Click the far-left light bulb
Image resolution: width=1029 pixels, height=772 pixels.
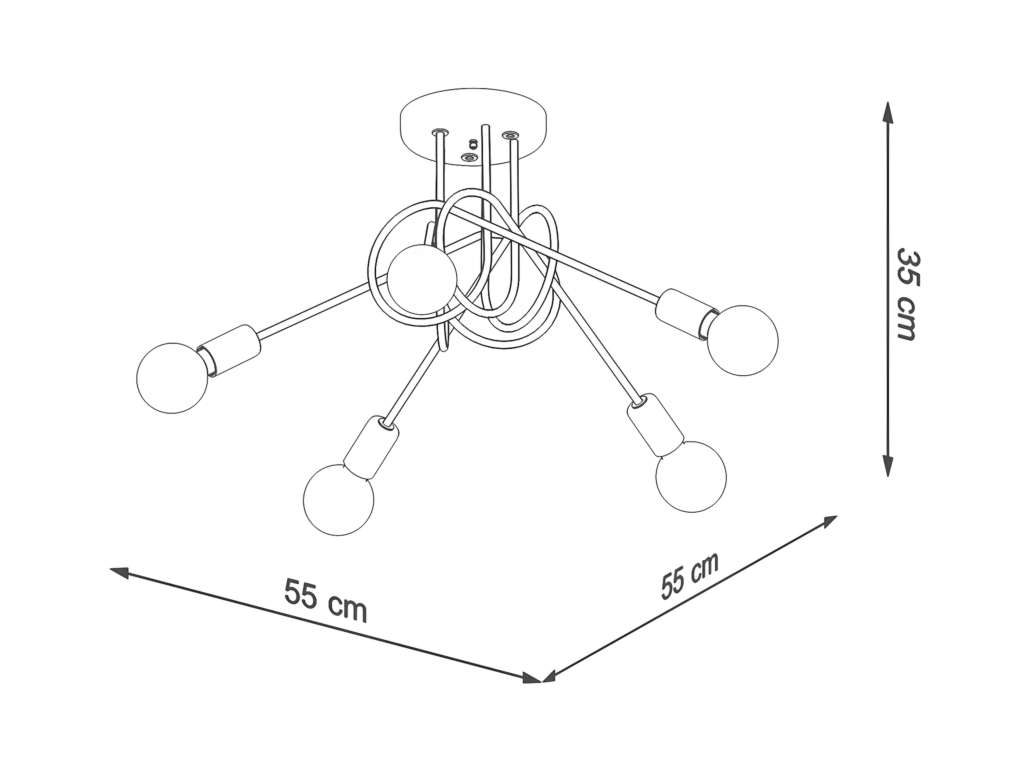tap(172, 378)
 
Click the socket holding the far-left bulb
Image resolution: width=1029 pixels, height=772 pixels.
tap(230, 351)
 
